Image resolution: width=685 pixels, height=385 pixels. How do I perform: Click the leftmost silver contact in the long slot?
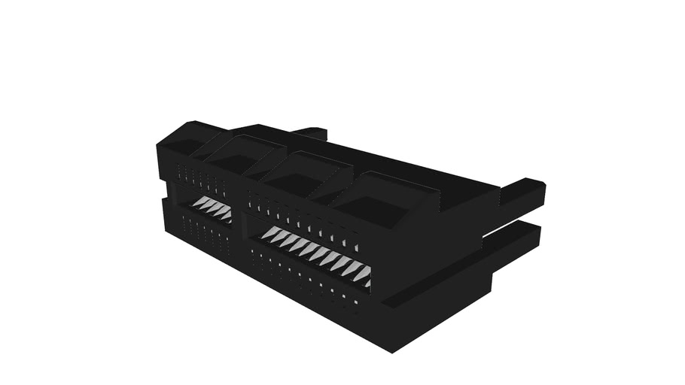coord(269,233)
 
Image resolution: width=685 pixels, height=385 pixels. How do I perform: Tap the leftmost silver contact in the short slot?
coord(201,202)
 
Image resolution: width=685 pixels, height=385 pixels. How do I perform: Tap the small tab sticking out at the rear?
coord(311,133)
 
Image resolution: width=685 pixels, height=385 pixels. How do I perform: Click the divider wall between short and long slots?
coord(239,218)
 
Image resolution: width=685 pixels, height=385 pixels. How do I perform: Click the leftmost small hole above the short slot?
coord(179,168)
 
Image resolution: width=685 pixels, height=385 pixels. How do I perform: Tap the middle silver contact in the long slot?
coord(315,253)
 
